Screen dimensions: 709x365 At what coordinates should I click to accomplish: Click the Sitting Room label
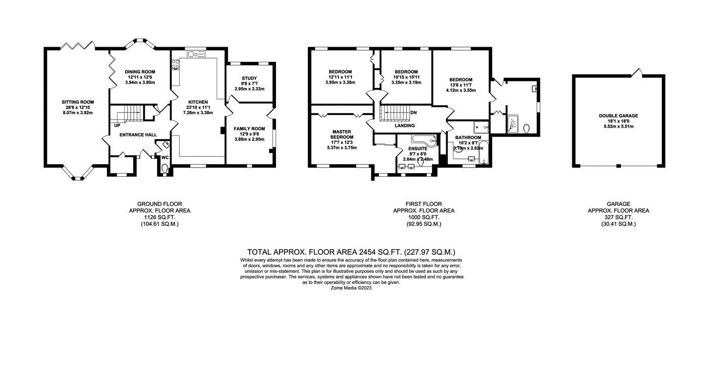tap(77, 102)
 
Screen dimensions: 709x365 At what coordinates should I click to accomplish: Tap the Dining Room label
tap(140, 72)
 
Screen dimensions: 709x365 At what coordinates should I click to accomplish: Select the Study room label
tap(249, 78)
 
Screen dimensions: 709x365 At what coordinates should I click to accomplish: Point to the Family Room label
tap(249, 129)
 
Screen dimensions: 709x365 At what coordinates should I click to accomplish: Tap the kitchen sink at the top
tap(196, 54)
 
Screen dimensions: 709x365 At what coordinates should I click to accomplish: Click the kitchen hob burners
tap(175, 64)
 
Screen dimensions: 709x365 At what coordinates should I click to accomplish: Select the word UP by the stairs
tap(117, 126)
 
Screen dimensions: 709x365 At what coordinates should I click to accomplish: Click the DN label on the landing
tap(413, 112)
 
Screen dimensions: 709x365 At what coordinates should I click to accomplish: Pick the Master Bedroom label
tap(342, 135)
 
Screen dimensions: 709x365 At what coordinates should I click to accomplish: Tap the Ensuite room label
tap(418, 149)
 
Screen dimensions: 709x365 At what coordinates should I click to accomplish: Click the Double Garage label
tap(618, 116)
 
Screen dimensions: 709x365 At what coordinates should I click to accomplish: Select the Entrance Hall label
tap(138, 135)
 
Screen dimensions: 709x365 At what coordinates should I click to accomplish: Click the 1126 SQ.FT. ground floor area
tap(160, 217)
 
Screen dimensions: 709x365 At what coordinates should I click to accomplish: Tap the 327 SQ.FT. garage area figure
tap(618, 217)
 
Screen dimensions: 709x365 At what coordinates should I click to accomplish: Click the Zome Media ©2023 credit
tap(351, 288)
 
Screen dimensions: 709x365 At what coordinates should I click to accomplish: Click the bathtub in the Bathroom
tap(484, 153)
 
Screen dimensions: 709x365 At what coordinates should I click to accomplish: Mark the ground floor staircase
tap(126, 113)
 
